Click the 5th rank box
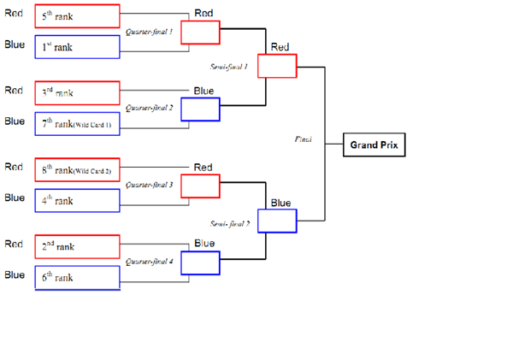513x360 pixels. (x=77, y=15)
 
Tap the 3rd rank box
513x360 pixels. (x=77, y=92)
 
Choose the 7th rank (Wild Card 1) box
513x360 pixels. (x=77, y=124)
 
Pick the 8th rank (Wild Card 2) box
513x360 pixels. (x=77, y=169)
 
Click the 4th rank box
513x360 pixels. (x=77, y=200)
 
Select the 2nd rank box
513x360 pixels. (x=77, y=246)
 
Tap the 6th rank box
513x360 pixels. (x=77, y=277)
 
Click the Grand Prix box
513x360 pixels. (x=374, y=145)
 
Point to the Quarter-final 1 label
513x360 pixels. (x=149, y=32)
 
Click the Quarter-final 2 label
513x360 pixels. (x=149, y=109)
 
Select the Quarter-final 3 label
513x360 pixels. (x=149, y=185)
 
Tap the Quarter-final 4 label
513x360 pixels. (x=149, y=262)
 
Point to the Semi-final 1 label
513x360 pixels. (x=228, y=66)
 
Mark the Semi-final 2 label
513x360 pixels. (x=228, y=223)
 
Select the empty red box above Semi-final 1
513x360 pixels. (x=277, y=67)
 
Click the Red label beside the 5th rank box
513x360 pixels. (x=14, y=14)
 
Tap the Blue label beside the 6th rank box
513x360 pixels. (x=14, y=275)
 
